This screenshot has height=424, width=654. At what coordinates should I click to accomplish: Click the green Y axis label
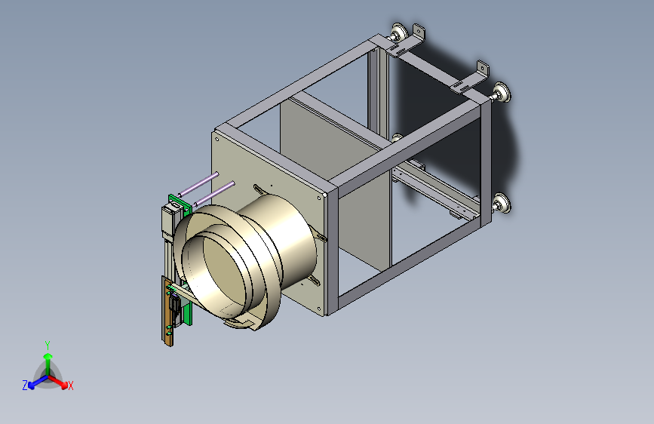pyautogui.click(x=48, y=346)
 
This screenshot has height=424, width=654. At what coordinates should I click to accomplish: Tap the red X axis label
pyautogui.click(x=70, y=386)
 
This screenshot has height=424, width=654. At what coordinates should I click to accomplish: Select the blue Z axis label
pyautogui.click(x=25, y=386)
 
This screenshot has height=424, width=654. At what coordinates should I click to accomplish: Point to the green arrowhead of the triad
pyautogui.click(x=48, y=356)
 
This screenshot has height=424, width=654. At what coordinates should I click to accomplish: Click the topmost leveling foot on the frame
pyautogui.click(x=398, y=32)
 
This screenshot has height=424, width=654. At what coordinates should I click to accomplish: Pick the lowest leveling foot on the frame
pyautogui.click(x=501, y=203)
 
